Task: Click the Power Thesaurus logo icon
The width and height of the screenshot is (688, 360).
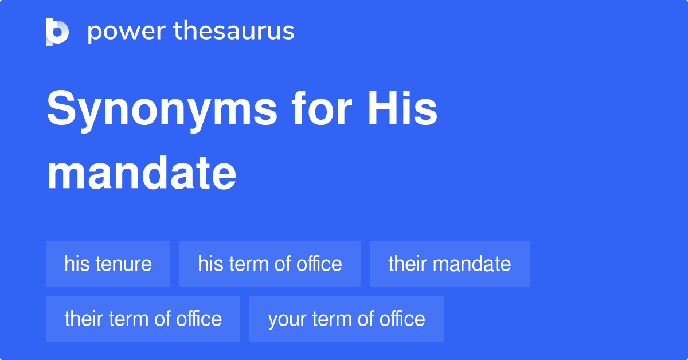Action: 57,32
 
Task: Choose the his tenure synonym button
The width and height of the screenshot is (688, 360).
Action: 108,264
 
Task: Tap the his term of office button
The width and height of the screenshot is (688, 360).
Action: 269,264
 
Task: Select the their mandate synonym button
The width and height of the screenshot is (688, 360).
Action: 449,264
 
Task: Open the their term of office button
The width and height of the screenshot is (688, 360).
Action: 143,319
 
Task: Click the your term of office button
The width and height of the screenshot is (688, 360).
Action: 346,319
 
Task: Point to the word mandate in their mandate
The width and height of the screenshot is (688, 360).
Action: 472,264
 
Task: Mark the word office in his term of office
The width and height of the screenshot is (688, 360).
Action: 319,264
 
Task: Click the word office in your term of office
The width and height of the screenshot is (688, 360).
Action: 402,319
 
